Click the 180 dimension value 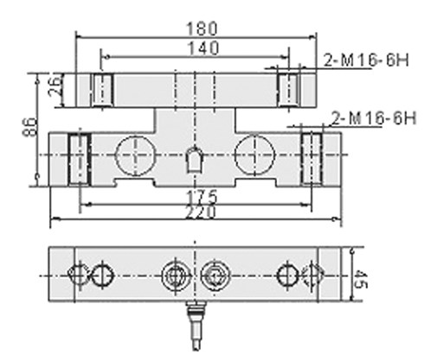pos(202,28)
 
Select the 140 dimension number pos(203,48)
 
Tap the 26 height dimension pos(55,85)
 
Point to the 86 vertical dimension pos(30,126)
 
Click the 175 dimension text pos(202,197)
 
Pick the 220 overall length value pos(200,212)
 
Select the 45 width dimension pos(360,279)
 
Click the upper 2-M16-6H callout pos(366,60)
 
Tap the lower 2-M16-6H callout pos(374,118)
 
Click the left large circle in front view pos(135,155)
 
